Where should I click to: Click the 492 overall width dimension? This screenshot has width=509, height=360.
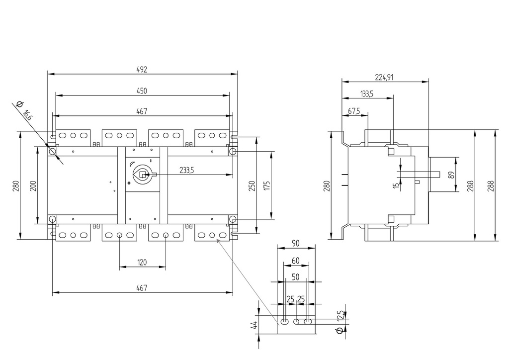(x=142, y=70)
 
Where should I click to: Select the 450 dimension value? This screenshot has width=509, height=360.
(x=142, y=91)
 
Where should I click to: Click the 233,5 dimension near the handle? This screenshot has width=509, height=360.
(x=186, y=170)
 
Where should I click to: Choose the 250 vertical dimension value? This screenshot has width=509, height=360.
(x=252, y=185)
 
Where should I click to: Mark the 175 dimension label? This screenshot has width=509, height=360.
(x=267, y=185)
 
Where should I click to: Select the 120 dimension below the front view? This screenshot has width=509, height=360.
(x=142, y=262)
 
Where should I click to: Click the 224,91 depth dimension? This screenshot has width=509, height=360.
(x=384, y=77)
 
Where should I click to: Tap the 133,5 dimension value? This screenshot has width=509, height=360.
(x=367, y=93)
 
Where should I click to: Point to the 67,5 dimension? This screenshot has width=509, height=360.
(x=354, y=111)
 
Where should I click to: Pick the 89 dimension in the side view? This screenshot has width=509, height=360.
(x=451, y=175)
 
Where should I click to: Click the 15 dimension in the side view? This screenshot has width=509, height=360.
(x=396, y=185)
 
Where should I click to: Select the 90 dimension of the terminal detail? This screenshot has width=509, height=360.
(x=295, y=243)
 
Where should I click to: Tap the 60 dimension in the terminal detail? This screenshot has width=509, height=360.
(x=295, y=261)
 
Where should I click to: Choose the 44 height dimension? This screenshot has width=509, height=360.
(x=254, y=325)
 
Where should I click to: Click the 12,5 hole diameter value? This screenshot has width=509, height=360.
(x=340, y=315)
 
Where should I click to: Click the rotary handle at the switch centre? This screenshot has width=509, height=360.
(x=142, y=175)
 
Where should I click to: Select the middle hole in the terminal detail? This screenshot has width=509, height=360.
(x=296, y=322)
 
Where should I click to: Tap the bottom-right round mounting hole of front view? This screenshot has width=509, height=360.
(x=232, y=219)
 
